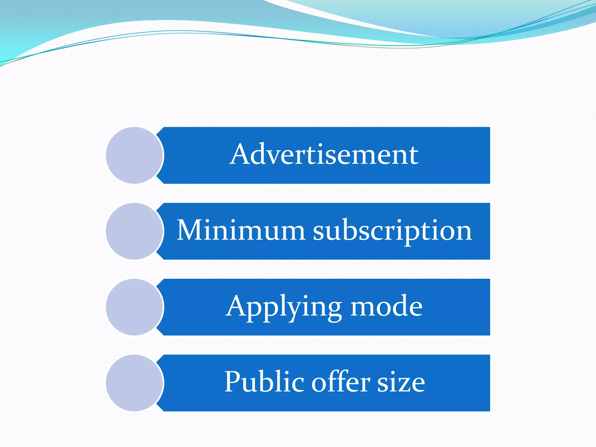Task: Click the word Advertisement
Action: pyautogui.click(x=324, y=155)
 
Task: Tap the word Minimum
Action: pyautogui.click(x=241, y=230)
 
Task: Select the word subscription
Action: pyautogui.click(x=392, y=232)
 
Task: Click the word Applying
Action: pyautogui.click(x=284, y=307)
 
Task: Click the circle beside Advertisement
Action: pyautogui.click(x=134, y=155)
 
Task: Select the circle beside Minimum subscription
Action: pyautogui.click(x=134, y=231)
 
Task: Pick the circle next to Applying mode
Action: pyautogui.click(x=134, y=307)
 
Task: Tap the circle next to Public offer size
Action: pyautogui.click(x=134, y=383)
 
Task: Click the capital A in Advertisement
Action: pyautogui.click(x=241, y=154)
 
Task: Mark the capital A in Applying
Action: pyautogui.click(x=237, y=306)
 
